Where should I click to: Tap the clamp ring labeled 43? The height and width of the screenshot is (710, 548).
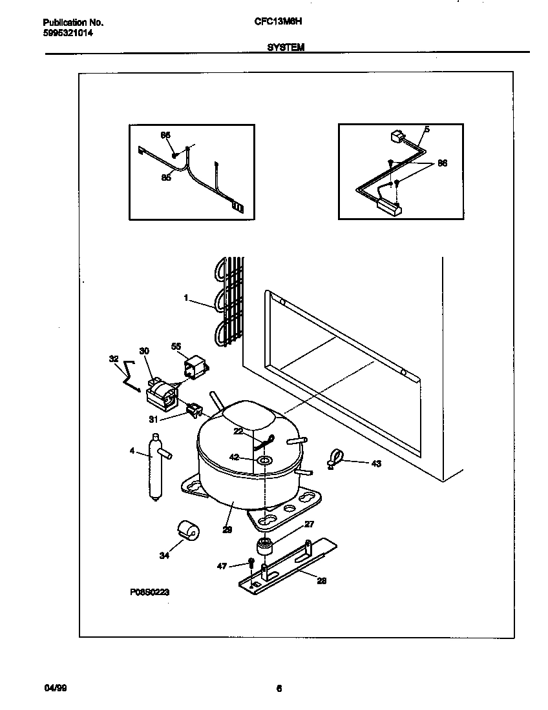335,459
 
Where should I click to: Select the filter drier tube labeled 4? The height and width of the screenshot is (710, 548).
154,467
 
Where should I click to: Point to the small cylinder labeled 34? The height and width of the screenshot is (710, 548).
188,531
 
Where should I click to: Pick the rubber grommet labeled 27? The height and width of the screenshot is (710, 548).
264,547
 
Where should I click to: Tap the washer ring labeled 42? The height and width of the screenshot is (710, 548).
264,460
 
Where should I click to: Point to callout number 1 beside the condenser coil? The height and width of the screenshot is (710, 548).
186,298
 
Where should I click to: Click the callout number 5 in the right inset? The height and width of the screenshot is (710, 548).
427,129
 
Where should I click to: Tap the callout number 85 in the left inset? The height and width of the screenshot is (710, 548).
166,177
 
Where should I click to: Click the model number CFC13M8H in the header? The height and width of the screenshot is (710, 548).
279,22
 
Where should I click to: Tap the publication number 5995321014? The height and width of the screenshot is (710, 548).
63,32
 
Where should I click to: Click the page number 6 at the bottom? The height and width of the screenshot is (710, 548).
279,688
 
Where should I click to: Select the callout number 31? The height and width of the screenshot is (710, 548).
154,419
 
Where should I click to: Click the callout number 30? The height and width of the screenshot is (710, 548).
144,350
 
